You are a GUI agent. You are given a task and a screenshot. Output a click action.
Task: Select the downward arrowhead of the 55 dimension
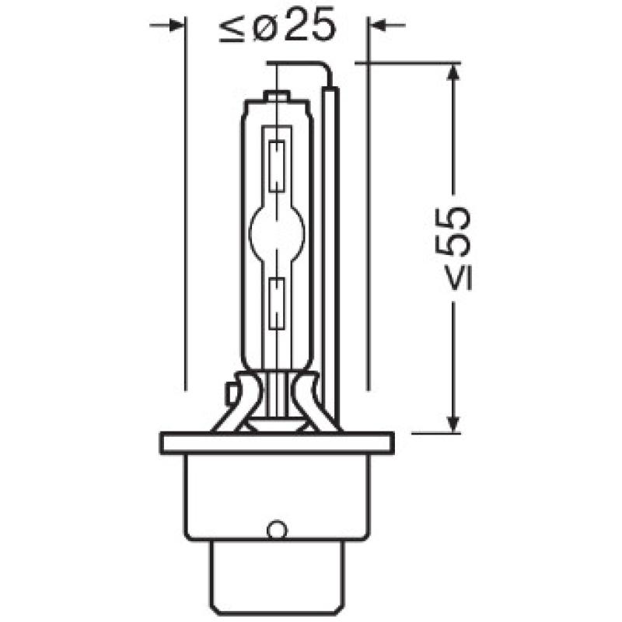[453, 424]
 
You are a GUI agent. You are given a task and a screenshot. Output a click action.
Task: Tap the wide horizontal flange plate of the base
[277, 443]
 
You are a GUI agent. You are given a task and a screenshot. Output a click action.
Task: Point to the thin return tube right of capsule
[332, 249]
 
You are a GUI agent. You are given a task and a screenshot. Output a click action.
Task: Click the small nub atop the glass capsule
[278, 96]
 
